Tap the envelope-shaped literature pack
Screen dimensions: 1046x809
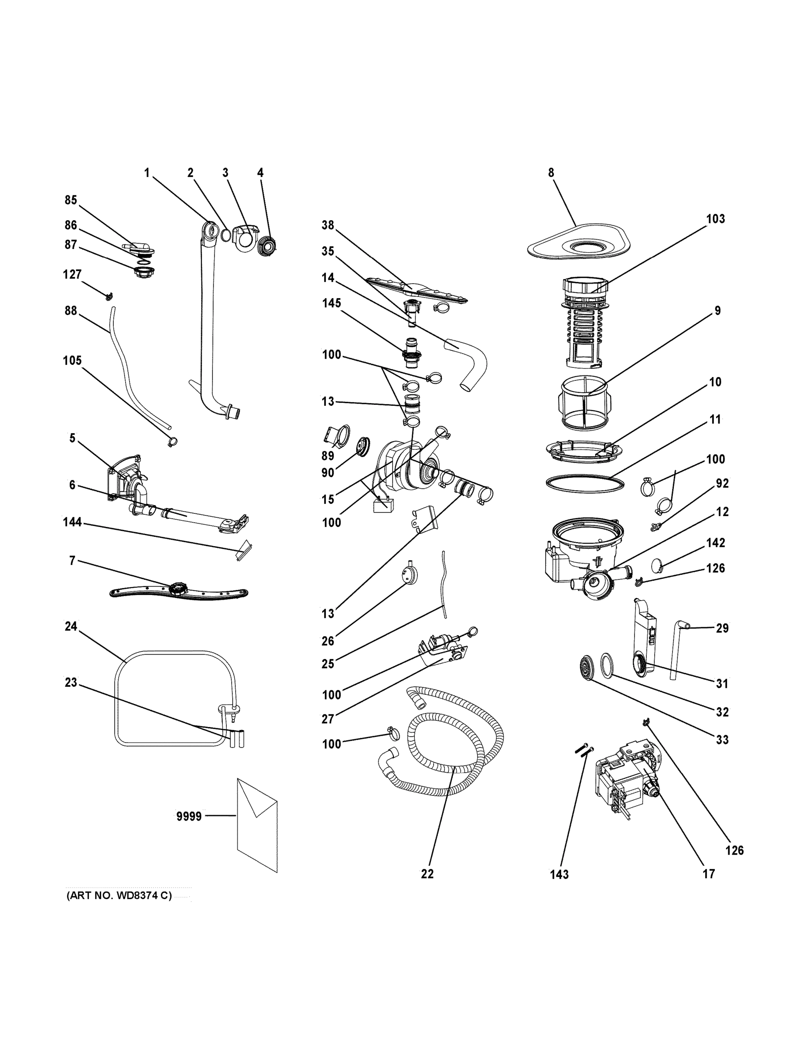[257, 825]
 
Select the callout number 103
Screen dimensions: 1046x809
[715, 219]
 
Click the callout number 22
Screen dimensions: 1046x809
[427, 874]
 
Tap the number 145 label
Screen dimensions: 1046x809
[331, 303]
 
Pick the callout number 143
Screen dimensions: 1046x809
[559, 875]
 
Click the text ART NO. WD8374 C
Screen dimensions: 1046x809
[119, 896]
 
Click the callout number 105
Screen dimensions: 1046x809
[72, 360]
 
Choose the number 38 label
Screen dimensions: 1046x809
[328, 225]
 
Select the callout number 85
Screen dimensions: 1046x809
[71, 200]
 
